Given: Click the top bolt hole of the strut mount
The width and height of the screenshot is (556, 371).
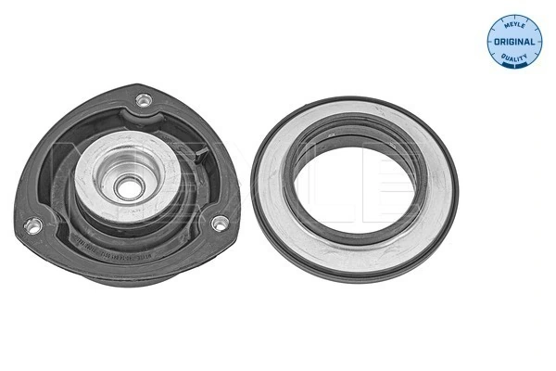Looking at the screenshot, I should coord(143,99).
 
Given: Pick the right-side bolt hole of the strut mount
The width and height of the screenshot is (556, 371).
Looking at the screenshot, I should coord(221,223).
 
